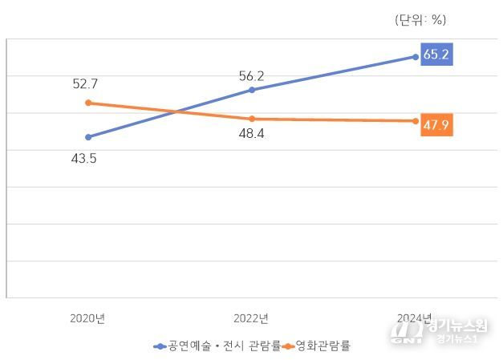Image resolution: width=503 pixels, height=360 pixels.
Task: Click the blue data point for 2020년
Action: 88,137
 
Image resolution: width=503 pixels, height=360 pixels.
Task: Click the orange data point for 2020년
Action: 88,103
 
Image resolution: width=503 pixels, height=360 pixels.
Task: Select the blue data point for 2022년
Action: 252,90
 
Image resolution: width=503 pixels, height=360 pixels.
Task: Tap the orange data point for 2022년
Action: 252,119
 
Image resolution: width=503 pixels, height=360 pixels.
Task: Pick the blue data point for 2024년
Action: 415,57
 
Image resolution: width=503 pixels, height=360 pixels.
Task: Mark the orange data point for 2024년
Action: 415,121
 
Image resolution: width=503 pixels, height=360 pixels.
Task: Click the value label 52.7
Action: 84,83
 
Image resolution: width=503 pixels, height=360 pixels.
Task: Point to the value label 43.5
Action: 83,158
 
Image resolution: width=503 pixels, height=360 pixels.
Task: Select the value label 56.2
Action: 251,76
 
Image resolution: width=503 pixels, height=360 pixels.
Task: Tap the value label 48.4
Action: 251,134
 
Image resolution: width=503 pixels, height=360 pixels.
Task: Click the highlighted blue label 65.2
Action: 436,55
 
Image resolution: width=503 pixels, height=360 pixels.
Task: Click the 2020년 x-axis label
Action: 87,318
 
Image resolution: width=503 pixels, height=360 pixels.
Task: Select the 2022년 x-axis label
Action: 251,318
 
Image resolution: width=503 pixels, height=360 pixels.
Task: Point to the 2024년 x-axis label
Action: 415,318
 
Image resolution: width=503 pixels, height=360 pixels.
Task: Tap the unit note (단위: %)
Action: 420,20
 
